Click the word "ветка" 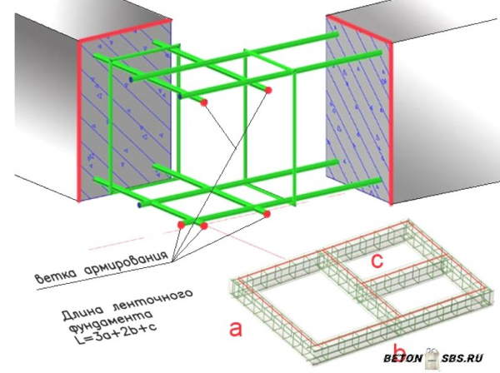(56, 276)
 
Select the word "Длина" (83, 313)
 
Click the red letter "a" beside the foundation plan (236, 329)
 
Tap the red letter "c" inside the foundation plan (377, 261)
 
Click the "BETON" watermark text (402, 358)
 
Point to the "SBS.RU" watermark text (462, 358)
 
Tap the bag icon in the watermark (432, 357)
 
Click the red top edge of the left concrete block (125, 30)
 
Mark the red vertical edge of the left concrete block (78, 121)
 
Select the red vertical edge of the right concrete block (391, 123)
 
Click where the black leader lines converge (172, 261)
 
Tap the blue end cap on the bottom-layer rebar (139, 205)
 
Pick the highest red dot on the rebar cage (268, 90)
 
